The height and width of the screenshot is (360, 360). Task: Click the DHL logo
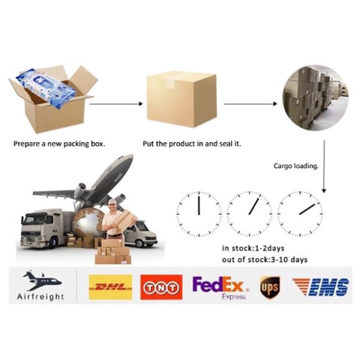(x=110, y=287)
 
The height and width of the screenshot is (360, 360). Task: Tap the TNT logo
(x=161, y=287)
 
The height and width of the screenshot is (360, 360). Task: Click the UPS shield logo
(x=270, y=287)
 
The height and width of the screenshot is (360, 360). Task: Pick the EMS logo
(x=320, y=287)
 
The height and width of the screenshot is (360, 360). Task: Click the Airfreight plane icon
(x=41, y=280)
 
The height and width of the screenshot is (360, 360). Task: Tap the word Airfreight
(x=41, y=296)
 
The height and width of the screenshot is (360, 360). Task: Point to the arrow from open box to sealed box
(x=116, y=104)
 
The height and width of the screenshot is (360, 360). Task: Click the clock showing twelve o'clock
(x=199, y=214)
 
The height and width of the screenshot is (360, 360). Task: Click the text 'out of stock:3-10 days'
(x=265, y=259)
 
